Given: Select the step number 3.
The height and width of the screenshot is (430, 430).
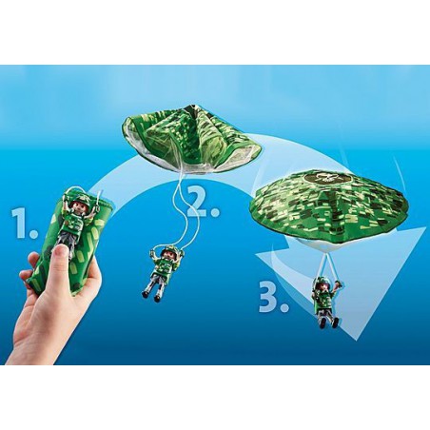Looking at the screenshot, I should point(272,298).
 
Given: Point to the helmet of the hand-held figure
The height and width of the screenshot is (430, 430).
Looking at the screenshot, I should point(75,196).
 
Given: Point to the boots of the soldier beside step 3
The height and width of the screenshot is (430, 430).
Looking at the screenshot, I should point(328,322).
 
